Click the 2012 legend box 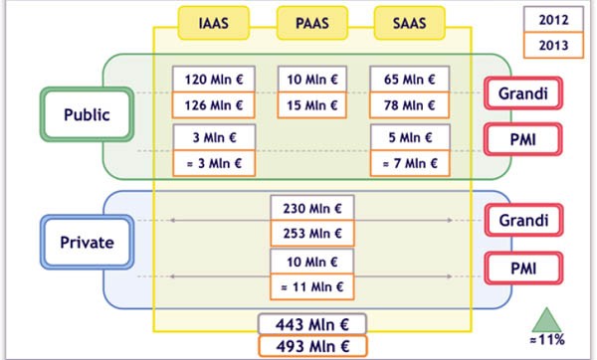553,19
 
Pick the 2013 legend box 553,46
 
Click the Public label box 87,114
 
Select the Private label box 88,242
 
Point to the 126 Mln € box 213,104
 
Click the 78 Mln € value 409,104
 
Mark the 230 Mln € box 311,209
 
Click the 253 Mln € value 311,233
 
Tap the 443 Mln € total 312,323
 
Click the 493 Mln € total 312,346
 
